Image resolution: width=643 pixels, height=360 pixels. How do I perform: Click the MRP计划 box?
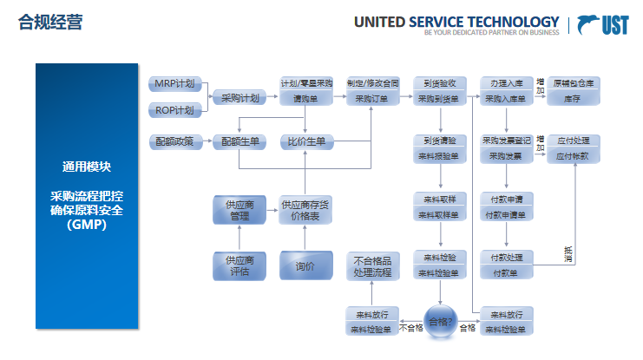click(174, 83)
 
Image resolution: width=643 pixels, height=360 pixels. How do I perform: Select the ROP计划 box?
click(174, 110)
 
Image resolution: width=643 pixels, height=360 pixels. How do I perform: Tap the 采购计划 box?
click(239, 98)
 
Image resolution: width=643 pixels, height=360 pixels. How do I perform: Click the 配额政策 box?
click(175, 141)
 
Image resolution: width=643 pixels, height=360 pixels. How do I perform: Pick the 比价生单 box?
click(305, 141)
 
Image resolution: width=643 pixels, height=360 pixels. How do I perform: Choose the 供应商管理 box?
click(239, 210)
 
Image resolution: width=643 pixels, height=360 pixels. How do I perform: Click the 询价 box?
click(305, 265)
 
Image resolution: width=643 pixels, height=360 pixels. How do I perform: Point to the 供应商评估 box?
click(239, 265)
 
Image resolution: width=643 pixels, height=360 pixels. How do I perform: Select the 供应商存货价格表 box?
click(305, 210)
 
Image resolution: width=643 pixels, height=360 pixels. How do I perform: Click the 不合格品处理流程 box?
click(371, 266)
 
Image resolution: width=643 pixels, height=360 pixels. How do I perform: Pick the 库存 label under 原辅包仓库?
click(573, 100)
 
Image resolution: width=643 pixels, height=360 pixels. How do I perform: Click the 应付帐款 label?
click(573, 156)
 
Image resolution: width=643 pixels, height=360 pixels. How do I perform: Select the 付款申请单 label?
click(507, 215)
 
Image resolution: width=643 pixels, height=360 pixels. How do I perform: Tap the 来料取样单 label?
click(440, 215)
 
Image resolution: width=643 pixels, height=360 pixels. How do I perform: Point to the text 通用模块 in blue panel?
click(86, 167)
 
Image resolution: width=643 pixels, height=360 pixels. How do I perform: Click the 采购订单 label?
click(372, 100)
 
